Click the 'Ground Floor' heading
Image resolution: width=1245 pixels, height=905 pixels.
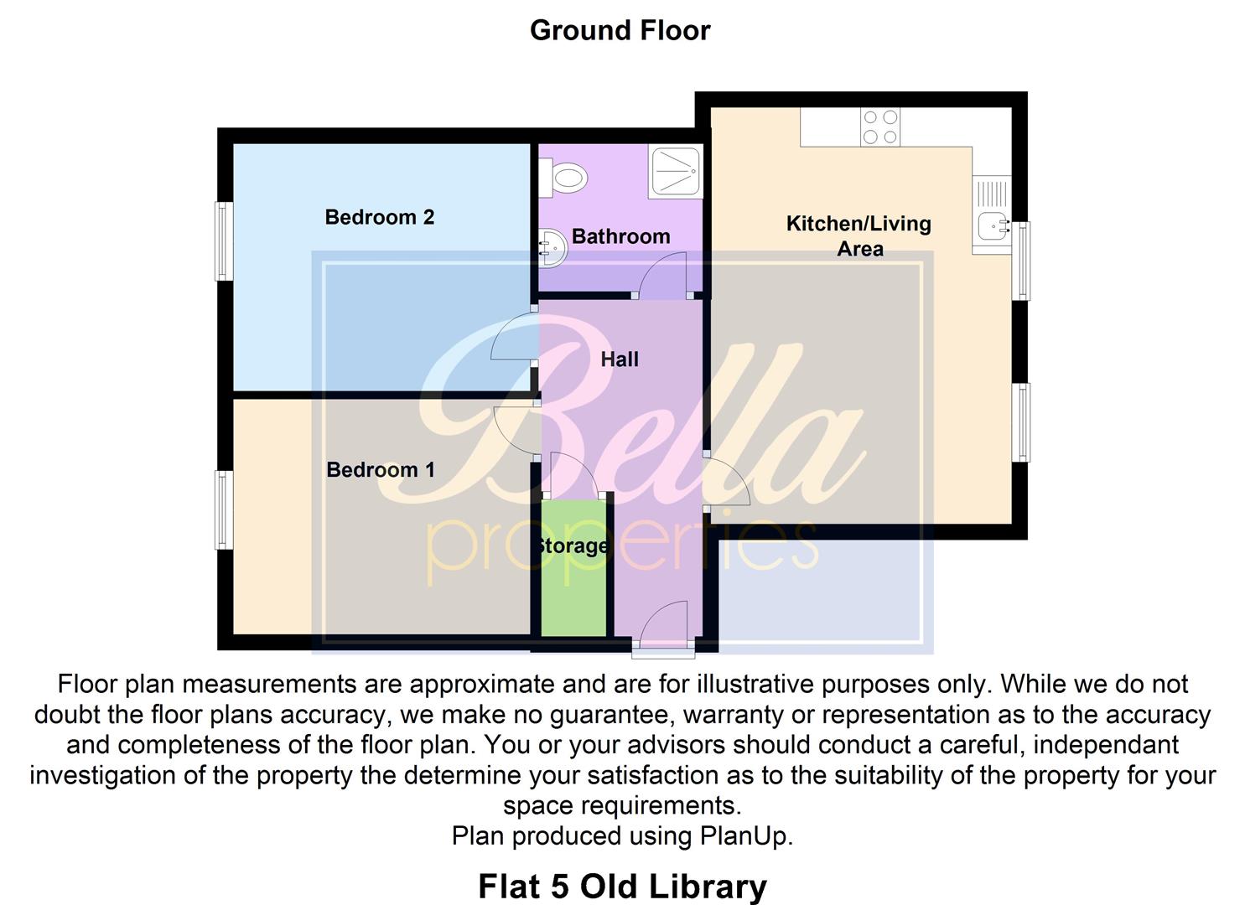(620, 30)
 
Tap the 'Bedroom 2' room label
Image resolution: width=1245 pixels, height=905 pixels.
(379, 218)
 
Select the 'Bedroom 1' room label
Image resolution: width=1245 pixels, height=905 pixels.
(381, 470)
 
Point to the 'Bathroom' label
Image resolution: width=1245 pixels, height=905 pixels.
(620, 236)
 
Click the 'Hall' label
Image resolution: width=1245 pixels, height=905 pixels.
(620, 359)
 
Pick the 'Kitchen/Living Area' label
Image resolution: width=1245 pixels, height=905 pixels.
(859, 235)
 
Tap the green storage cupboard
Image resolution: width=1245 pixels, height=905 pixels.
(573, 578)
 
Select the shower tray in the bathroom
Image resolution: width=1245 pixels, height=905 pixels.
(676, 173)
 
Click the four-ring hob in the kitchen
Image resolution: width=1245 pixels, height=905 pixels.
(880, 127)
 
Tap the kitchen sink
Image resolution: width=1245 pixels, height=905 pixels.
(993, 225)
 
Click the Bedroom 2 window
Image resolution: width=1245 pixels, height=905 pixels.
(223, 241)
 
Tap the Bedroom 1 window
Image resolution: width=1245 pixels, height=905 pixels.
(223, 509)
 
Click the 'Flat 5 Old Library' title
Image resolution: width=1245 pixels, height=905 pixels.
(622, 886)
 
